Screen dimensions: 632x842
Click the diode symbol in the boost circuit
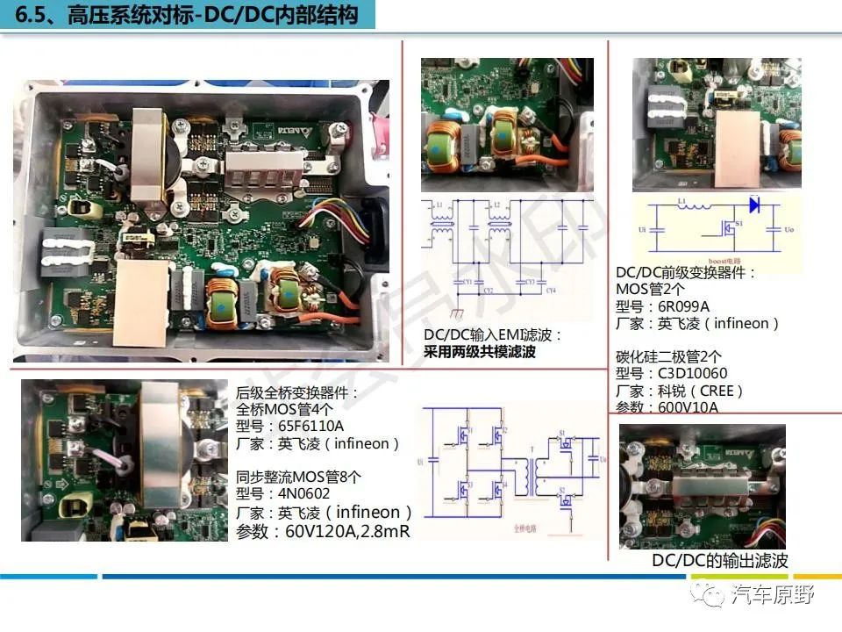click(753, 205)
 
